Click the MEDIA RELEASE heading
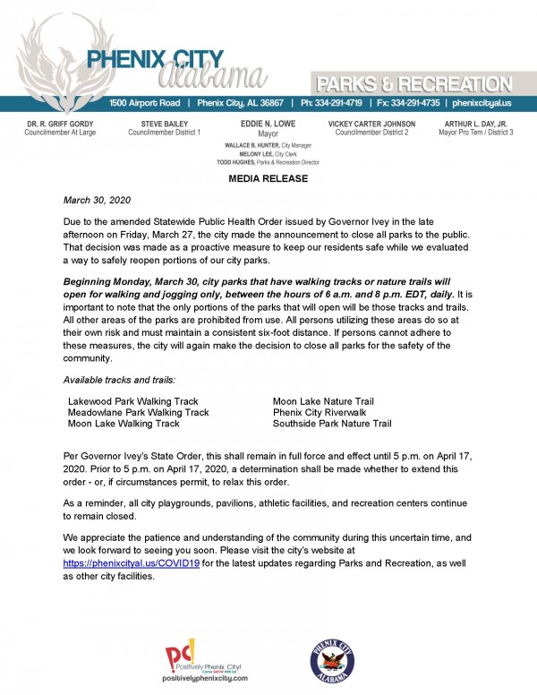point(268,179)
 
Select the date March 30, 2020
point(94,201)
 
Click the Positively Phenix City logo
point(205,662)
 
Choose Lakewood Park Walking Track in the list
point(133,400)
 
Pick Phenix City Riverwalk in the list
point(318,412)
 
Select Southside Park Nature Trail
point(332,424)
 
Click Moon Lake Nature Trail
point(323,400)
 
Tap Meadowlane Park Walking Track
point(139,412)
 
